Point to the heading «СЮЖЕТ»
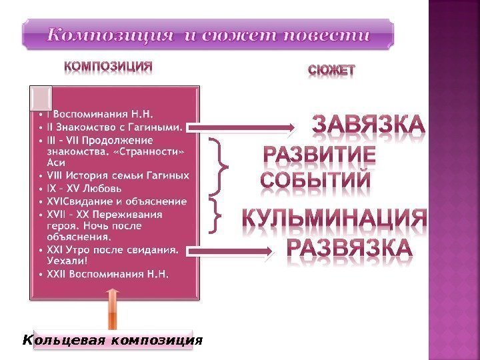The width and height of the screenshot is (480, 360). pos(331,69)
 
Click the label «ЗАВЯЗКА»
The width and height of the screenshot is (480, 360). pos(367,125)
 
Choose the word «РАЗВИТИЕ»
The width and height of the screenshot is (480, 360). pos(319,158)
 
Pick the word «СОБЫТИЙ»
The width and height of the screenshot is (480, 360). pos(315,181)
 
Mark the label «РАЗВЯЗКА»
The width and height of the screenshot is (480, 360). pos(349,248)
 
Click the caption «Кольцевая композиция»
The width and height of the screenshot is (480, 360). pos(112,341)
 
